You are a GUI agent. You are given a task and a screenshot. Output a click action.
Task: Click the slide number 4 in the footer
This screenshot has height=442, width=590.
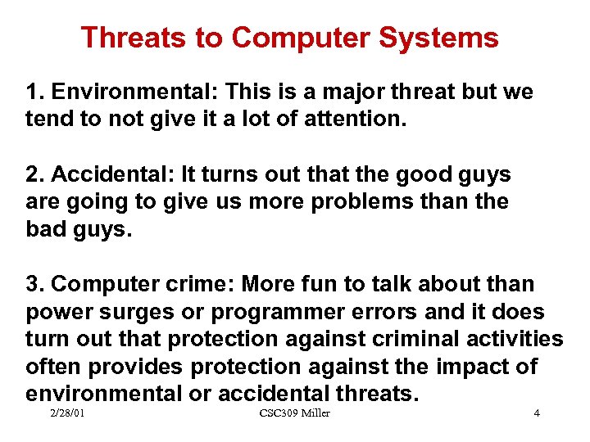[537, 413]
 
